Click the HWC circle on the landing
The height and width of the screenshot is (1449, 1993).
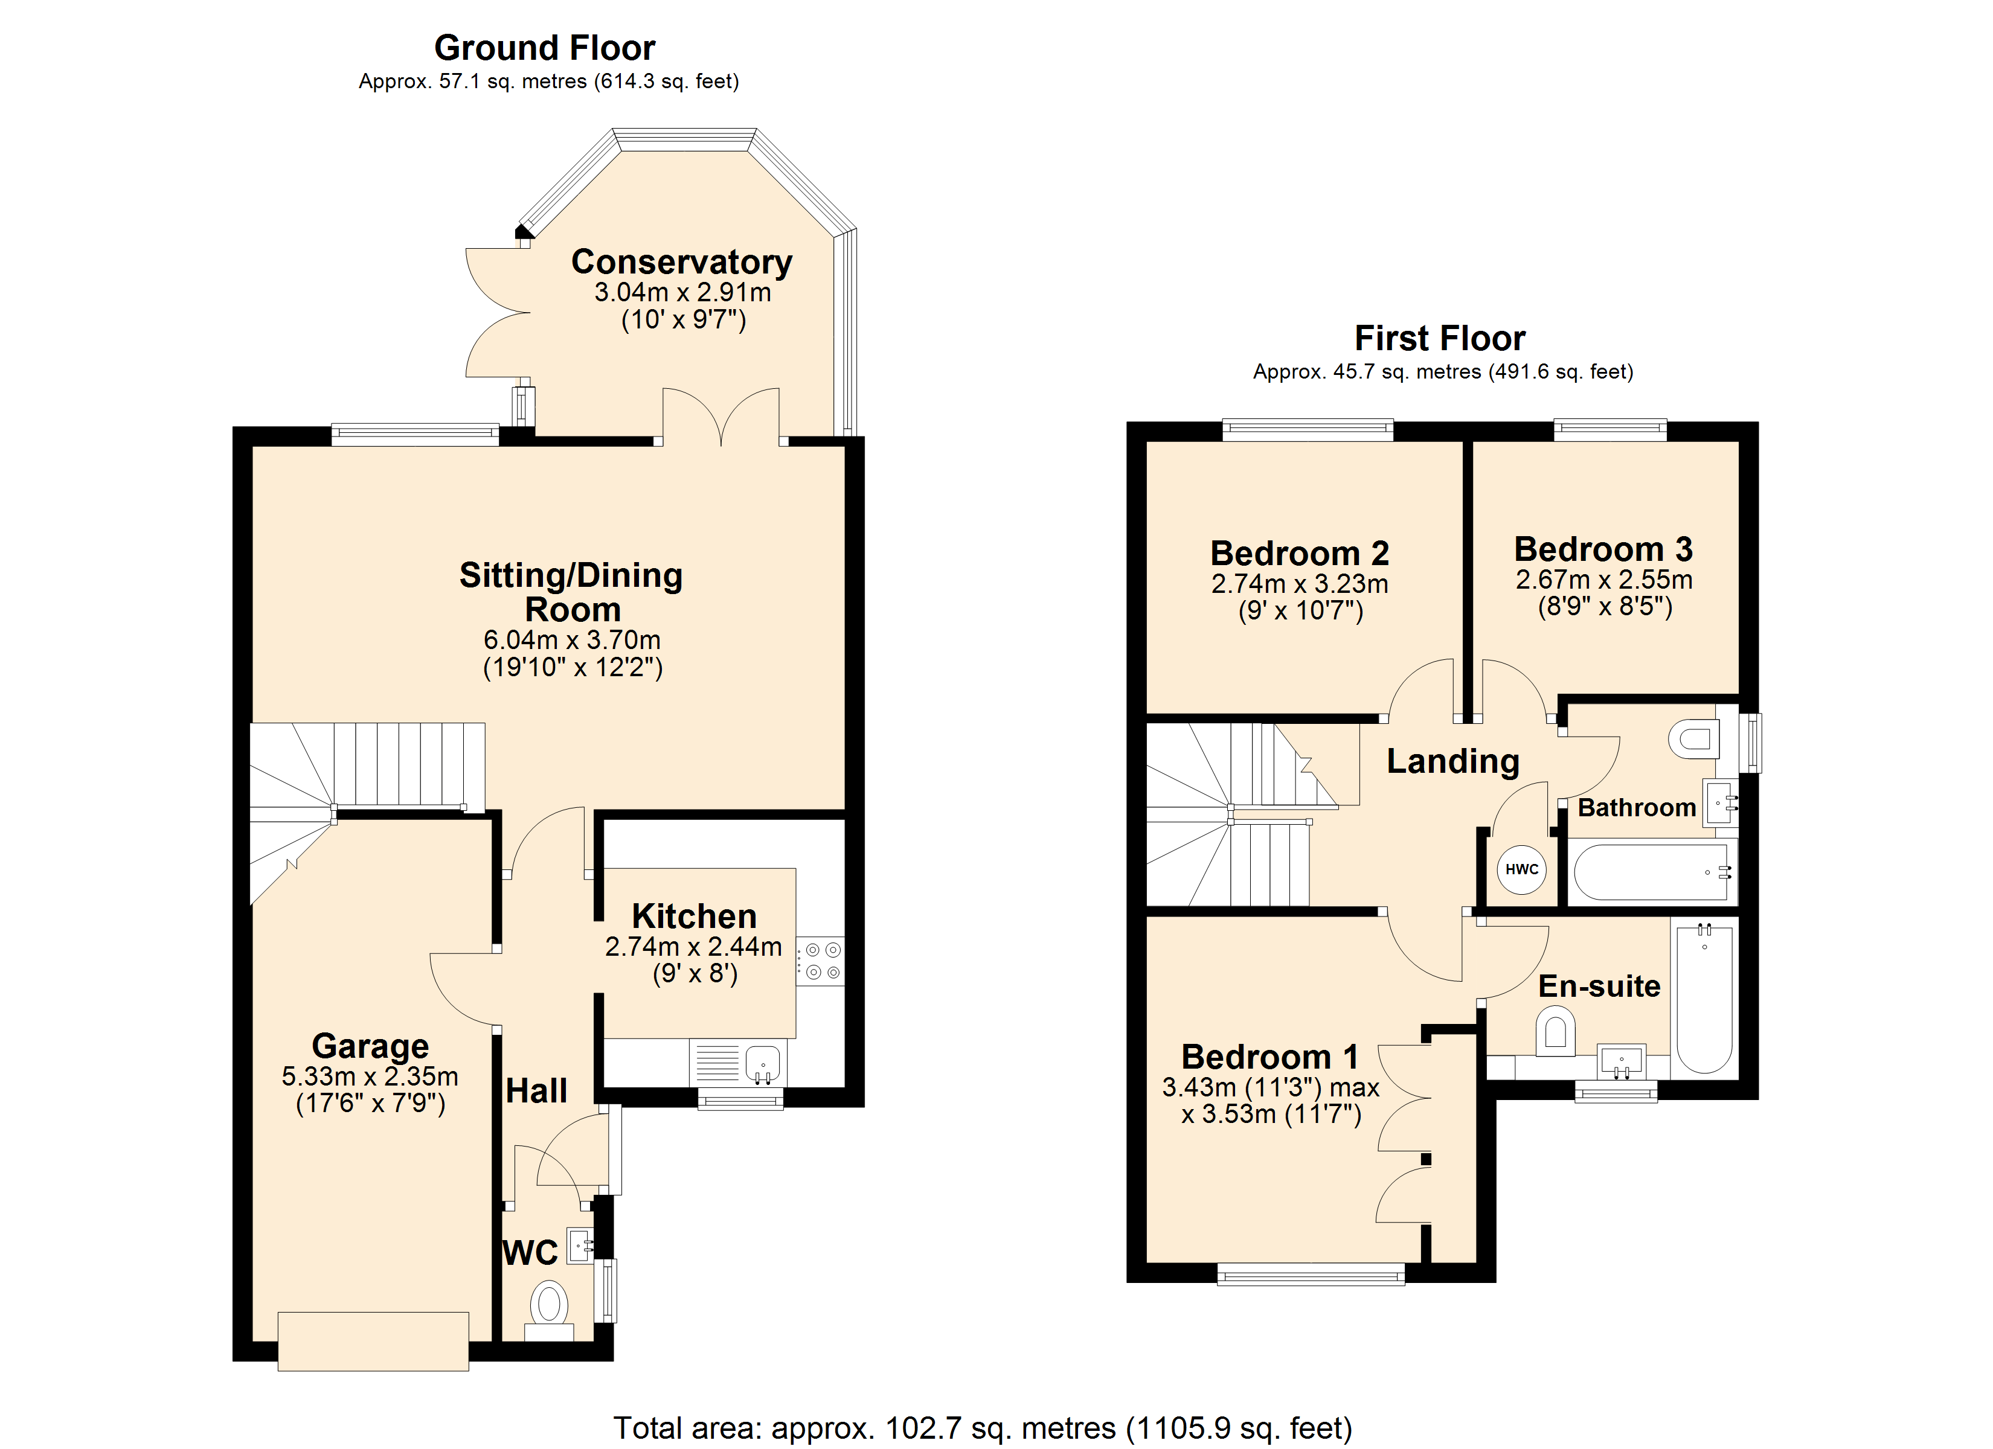point(1521,869)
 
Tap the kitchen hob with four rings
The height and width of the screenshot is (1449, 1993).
point(821,961)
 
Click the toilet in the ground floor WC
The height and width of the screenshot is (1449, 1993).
point(549,1310)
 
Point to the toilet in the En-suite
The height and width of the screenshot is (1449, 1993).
point(1555,1032)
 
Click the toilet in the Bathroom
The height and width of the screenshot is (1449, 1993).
point(1694,739)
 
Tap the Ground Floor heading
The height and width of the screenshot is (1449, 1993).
point(545,48)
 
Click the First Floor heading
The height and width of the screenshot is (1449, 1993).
point(1440,338)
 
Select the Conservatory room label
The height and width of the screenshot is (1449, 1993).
point(682,262)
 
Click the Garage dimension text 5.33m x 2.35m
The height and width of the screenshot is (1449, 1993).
point(370,1076)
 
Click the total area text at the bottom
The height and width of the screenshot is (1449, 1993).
point(983,1428)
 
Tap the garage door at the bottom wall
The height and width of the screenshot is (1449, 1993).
point(373,1341)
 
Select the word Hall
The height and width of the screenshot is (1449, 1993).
point(537,1092)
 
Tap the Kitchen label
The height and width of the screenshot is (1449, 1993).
point(694,916)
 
